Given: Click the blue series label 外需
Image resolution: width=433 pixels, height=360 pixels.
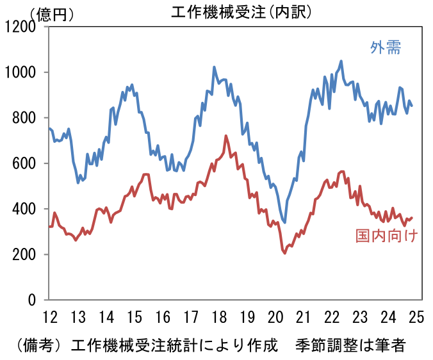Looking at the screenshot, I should [386, 47].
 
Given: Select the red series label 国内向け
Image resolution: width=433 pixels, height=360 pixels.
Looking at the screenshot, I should [387, 236].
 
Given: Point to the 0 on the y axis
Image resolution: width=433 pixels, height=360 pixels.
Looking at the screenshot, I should [33, 300].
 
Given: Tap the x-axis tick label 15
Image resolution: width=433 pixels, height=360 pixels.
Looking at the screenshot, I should [134, 317].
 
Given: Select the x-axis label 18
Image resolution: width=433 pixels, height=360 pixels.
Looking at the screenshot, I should [219, 317].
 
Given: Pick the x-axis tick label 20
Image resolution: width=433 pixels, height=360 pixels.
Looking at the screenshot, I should [275, 317].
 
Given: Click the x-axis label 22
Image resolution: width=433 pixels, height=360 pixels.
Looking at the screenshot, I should [332, 317].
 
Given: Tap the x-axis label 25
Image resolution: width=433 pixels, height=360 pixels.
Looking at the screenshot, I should [417, 317].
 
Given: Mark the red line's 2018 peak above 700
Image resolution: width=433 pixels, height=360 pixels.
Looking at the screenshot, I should [226, 136].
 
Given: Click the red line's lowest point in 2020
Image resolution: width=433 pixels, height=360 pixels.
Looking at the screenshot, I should [284, 253].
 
